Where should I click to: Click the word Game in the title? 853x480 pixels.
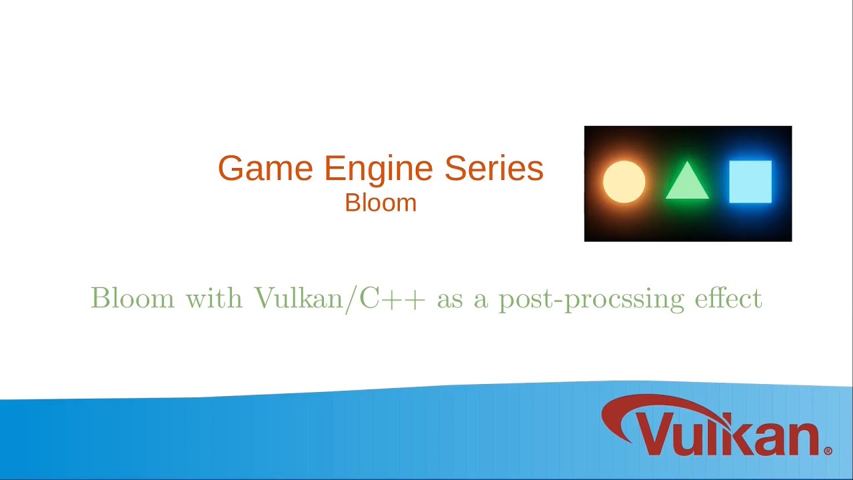pyautogui.click(x=265, y=168)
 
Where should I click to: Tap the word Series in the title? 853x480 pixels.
pyautogui.click(x=494, y=168)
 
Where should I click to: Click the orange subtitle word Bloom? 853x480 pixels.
pyautogui.click(x=381, y=203)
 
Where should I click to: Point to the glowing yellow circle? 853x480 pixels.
pyautogui.click(x=624, y=181)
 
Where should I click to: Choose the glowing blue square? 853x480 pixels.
pyautogui.click(x=750, y=181)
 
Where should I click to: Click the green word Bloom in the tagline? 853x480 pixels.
pyautogui.click(x=133, y=298)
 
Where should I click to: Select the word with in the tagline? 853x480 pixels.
pyautogui.click(x=214, y=298)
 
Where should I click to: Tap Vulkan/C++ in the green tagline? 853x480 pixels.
pyautogui.click(x=339, y=299)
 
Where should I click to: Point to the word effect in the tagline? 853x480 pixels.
pyautogui.click(x=728, y=298)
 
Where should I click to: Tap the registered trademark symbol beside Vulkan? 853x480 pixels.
pyautogui.click(x=828, y=451)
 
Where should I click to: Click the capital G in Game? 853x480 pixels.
pyautogui.click(x=231, y=168)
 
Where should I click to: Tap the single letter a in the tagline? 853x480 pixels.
pyautogui.click(x=481, y=300)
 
